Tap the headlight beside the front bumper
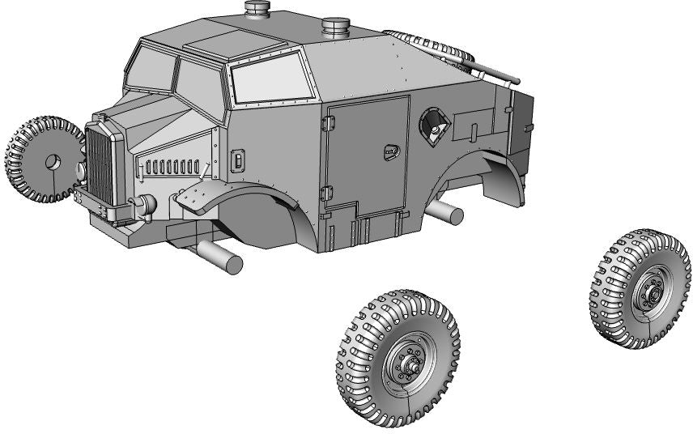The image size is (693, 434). pyautogui.click(x=146, y=206)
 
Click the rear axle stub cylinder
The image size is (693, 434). pyautogui.click(x=445, y=213)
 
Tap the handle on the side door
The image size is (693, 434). pyautogui.click(x=392, y=150)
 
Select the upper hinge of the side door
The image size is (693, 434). pyautogui.click(x=327, y=121)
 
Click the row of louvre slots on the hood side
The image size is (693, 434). pyautogui.click(x=171, y=168)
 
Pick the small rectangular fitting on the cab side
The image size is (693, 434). pyautogui.click(x=238, y=161)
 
